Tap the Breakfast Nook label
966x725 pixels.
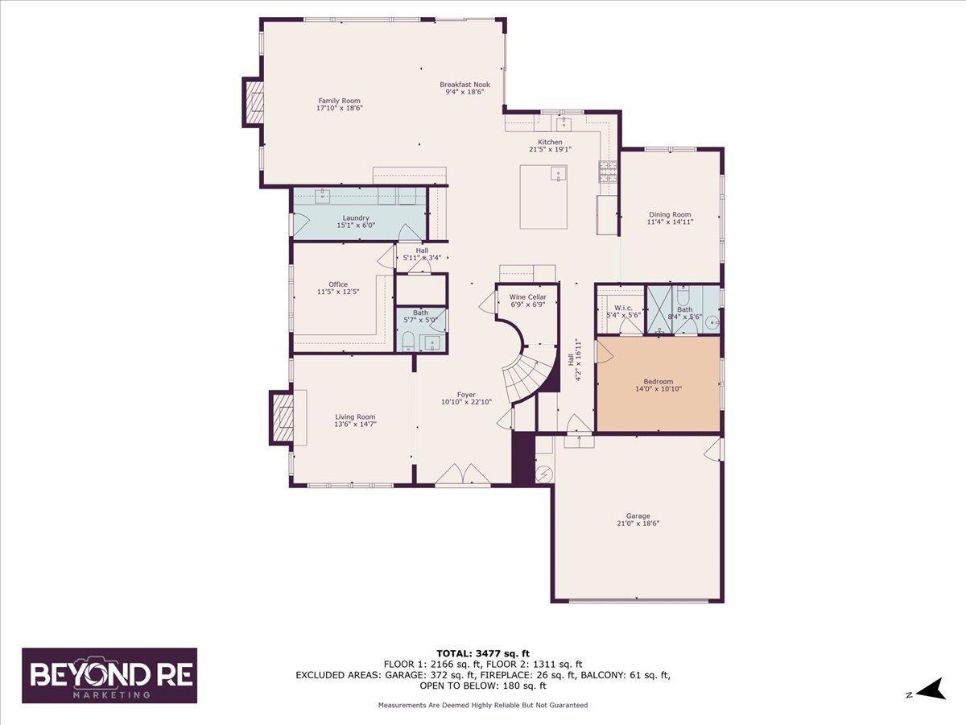click(464, 84)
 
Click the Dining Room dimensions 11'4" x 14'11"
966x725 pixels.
click(670, 222)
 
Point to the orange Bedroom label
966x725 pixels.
click(658, 382)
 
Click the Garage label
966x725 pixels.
click(638, 516)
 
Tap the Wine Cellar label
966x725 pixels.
click(527, 297)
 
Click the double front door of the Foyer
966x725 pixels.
click(463, 475)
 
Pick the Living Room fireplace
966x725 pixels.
click(282, 416)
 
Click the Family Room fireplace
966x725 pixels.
click(254, 101)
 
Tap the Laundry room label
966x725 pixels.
click(355, 217)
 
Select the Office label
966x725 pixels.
click(338, 284)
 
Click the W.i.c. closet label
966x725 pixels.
click(622, 308)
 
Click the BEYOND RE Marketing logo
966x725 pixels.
click(109, 675)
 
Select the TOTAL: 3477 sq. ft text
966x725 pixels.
click(483, 653)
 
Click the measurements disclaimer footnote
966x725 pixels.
click(483, 705)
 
